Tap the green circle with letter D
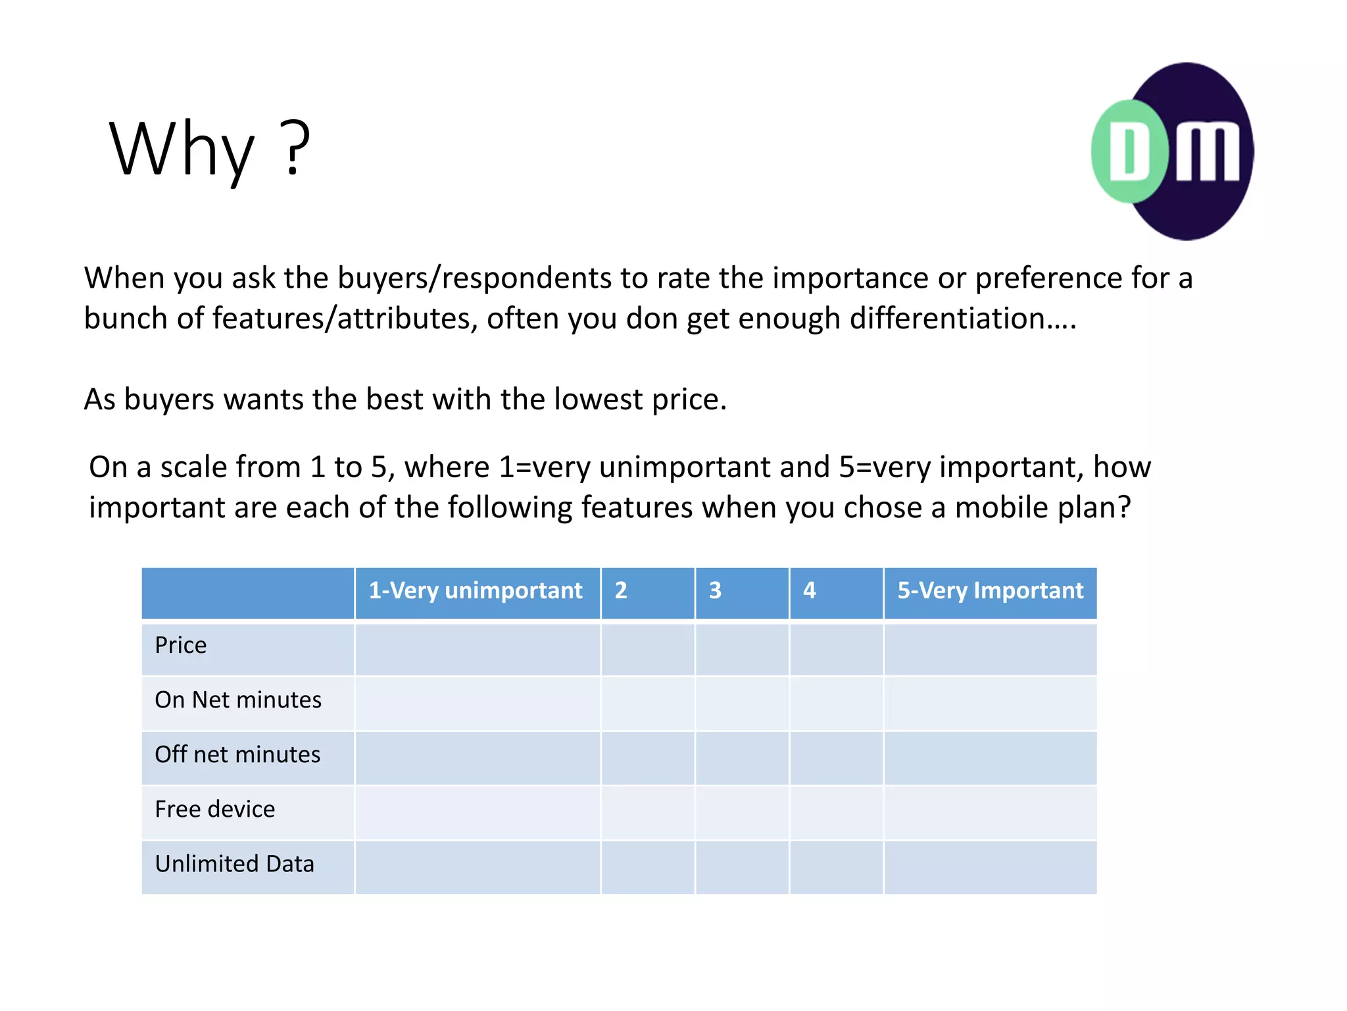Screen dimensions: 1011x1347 [x=1130, y=151]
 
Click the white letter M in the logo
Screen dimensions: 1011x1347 [x=1207, y=153]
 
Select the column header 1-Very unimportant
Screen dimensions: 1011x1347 [x=476, y=591]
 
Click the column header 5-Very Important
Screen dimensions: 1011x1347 [x=990, y=591]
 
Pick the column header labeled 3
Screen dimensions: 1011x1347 [x=716, y=591]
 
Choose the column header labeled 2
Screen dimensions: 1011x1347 [x=621, y=591]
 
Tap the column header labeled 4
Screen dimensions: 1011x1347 [x=810, y=591]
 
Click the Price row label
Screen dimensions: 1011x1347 [x=181, y=646]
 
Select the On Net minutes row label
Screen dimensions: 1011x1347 [x=238, y=700]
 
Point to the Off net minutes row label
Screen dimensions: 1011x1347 [x=237, y=755]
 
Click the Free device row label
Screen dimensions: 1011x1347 [x=215, y=810]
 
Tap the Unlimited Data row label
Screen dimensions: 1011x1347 [x=235, y=864]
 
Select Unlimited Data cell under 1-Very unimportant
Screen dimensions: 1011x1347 [x=478, y=867]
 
